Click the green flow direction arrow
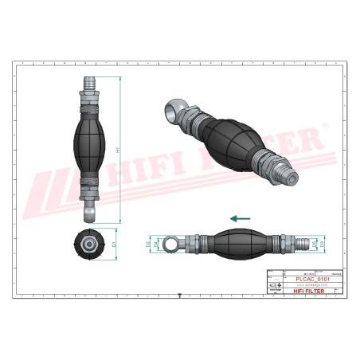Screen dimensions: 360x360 click(240, 217)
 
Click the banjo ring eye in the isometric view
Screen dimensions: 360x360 click(174, 110)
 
